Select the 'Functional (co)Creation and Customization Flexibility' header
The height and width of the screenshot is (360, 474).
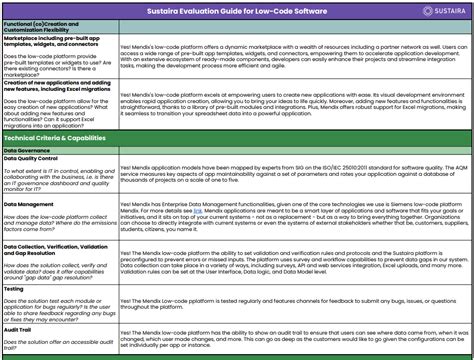coord(46,27)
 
